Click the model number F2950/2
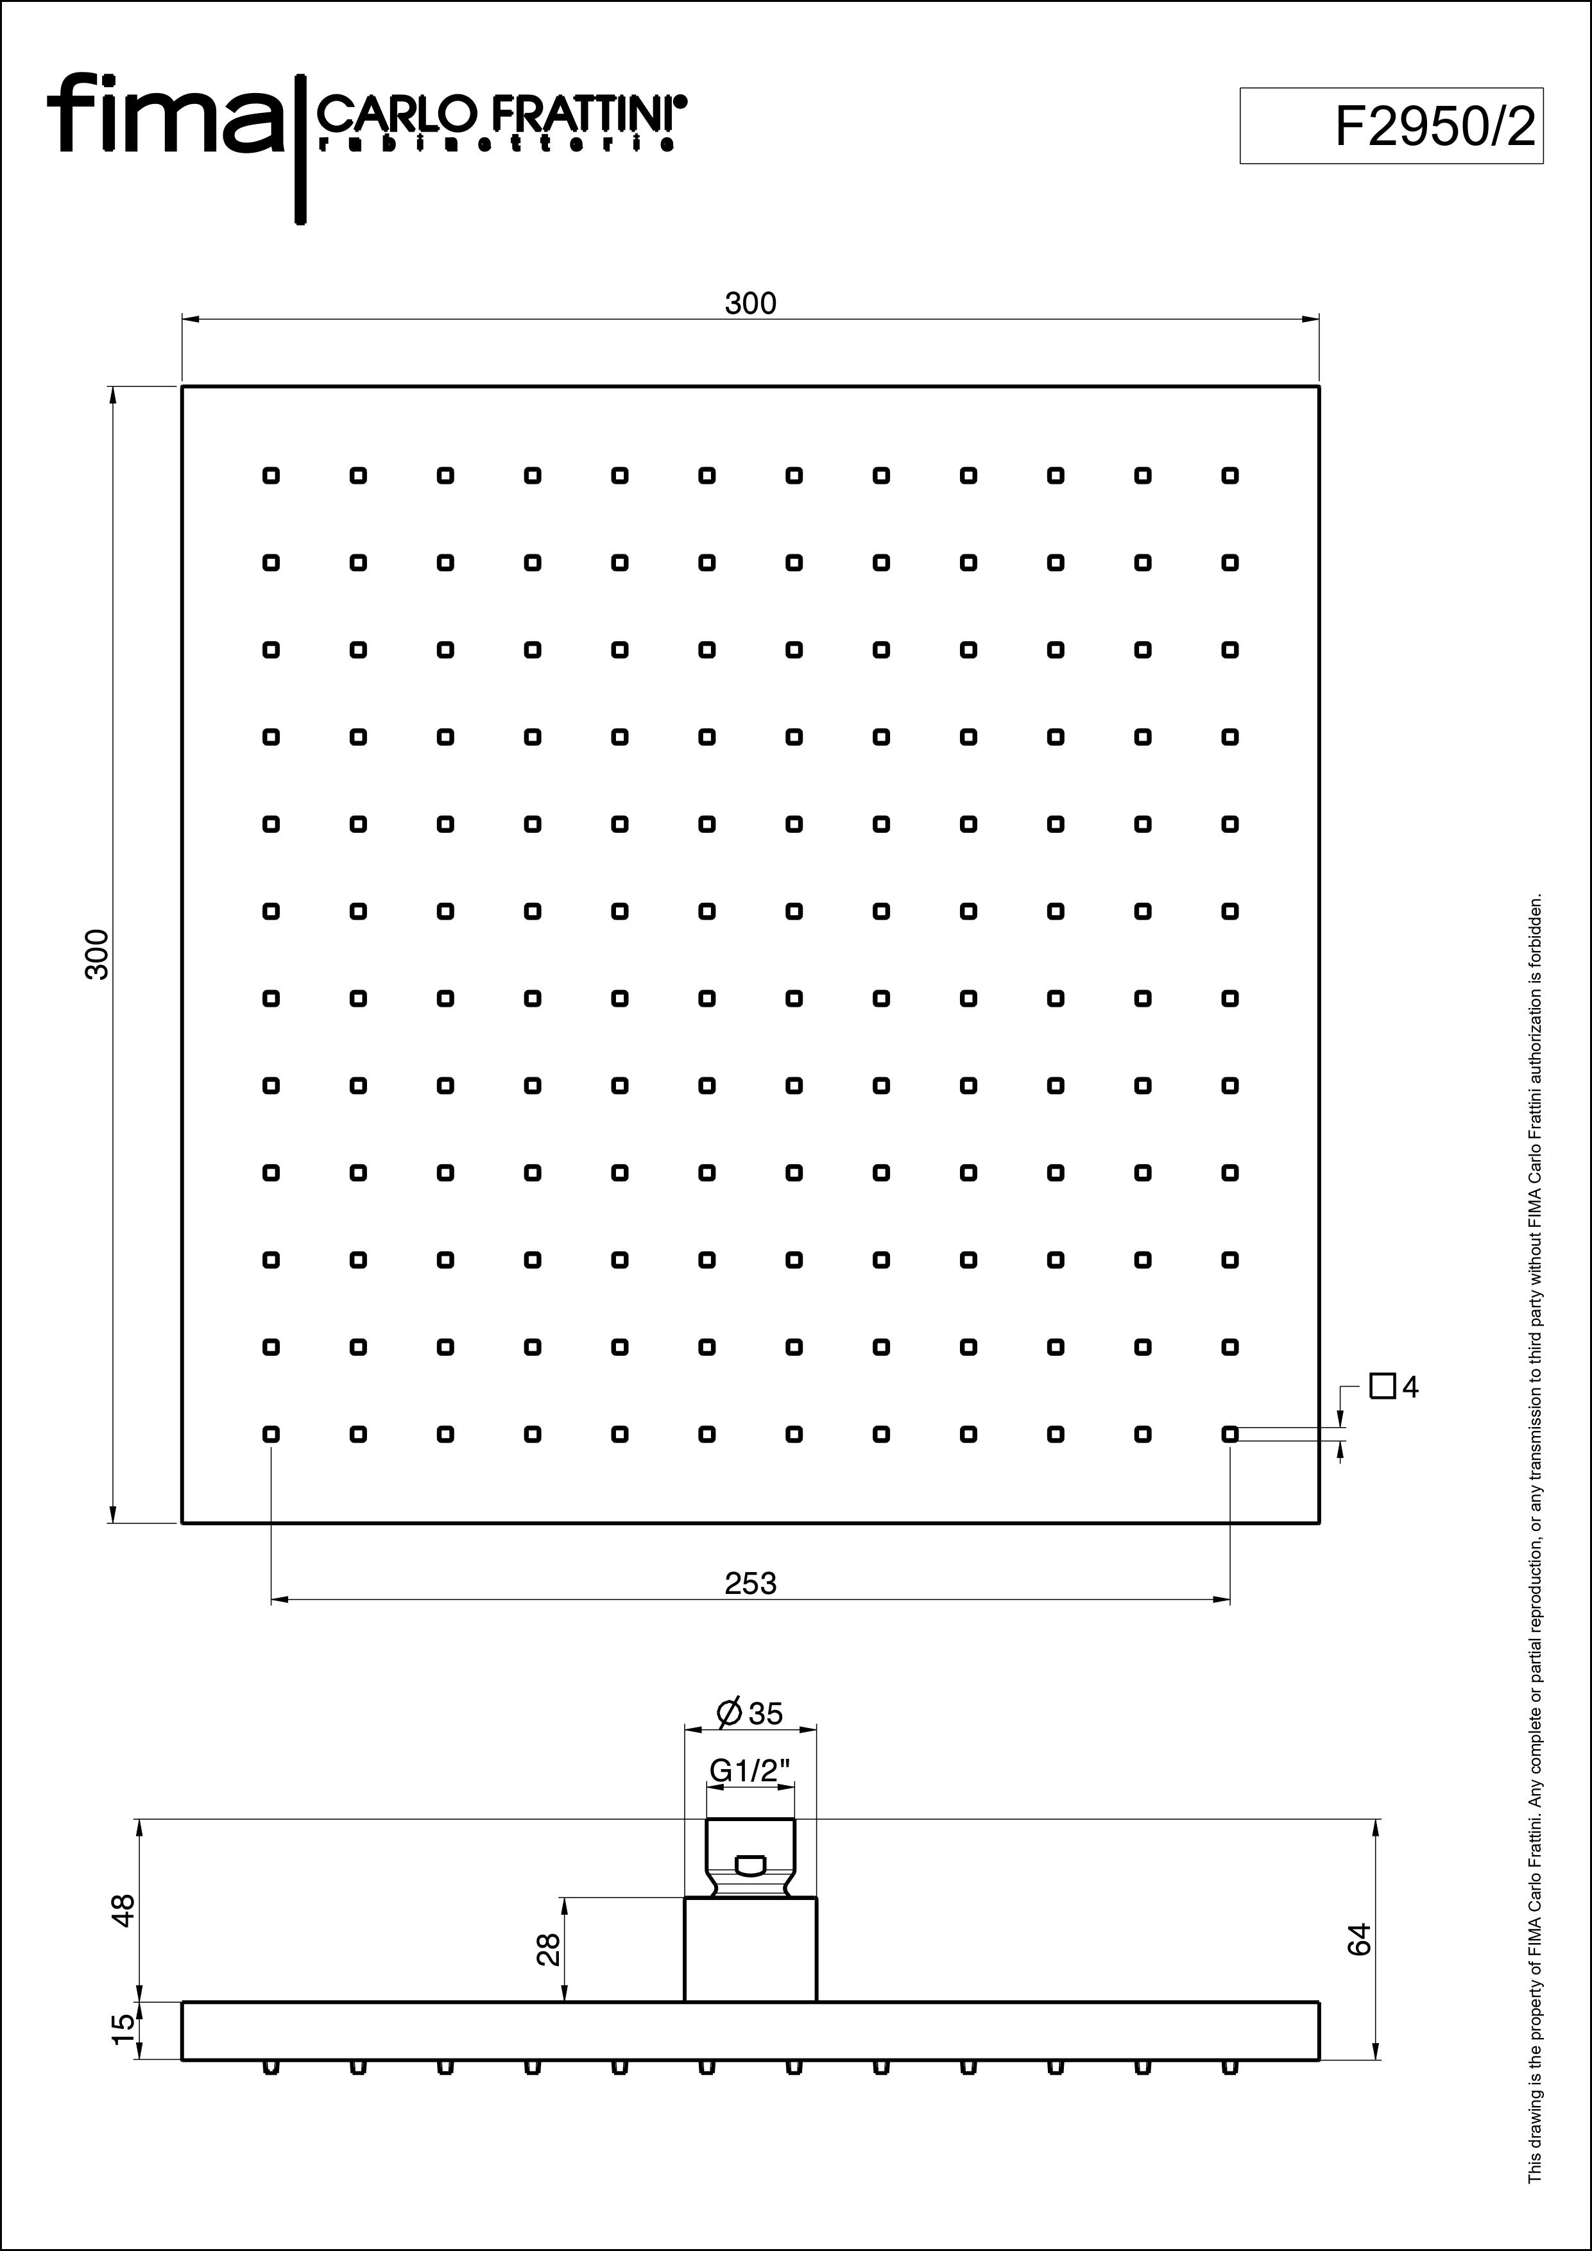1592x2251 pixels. pos(1435,126)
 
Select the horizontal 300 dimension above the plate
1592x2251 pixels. pos(750,304)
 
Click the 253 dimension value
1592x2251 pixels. pos(750,1584)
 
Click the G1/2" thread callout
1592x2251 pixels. pos(750,1770)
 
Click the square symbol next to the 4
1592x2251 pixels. pos(1382,1387)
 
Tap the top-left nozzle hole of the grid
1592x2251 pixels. pos(271,475)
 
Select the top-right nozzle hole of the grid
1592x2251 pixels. pos(1230,475)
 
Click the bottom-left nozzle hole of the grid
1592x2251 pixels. pos(271,1434)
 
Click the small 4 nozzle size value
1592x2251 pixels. pos(1410,1388)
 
